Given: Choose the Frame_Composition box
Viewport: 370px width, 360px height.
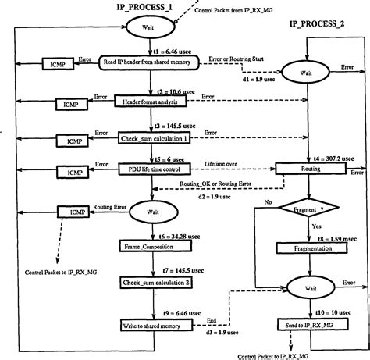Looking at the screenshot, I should [x=146, y=246].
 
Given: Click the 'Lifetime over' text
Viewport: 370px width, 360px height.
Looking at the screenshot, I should [x=222, y=162].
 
